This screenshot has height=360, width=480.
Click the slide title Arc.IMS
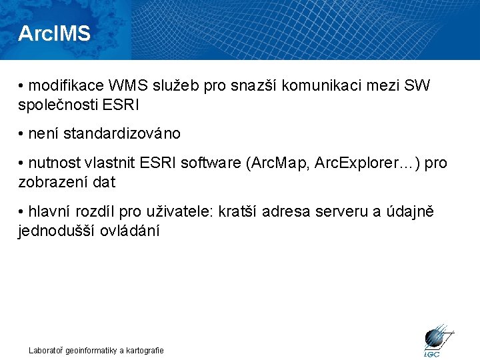(54, 33)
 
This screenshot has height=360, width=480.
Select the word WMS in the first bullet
(120, 86)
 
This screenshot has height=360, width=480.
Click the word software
(209, 163)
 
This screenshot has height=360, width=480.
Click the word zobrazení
(49, 182)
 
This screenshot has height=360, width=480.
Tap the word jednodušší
(62, 231)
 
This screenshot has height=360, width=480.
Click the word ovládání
(135, 231)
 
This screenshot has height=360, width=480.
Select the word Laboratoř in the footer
(45, 350)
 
